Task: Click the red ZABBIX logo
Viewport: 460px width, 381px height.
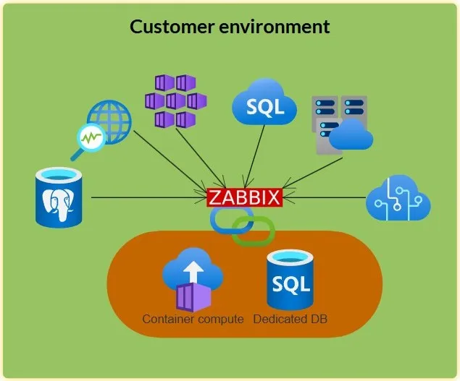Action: pyautogui.click(x=245, y=197)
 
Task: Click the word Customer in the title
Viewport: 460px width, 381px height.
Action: pyautogui.click(x=172, y=27)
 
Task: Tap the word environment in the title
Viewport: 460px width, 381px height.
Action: pyautogui.click(x=275, y=27)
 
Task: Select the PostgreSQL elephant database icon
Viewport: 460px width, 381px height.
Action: pyautogui.click(x=59, y=197)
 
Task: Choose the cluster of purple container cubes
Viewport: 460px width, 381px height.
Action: pyautogui.click(x=176, y=101)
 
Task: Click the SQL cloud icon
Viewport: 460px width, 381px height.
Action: pyautogui.click(x=264, y=102)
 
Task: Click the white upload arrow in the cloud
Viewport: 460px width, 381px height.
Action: pyautogui.click(x=193, y=271)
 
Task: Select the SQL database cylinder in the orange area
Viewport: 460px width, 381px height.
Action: pyautogui.click(x=290, y=281)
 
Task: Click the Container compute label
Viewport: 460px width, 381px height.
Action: pyautogui.click(x=193, y=319)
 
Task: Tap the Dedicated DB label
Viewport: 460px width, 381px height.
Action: pyautogui.click(x=290, y=319)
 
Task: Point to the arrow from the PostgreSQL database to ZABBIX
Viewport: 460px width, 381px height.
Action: pyautogui.click(x=150, y=197)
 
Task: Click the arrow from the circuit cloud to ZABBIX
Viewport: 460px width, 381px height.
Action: pyautogui.click(x=325, y=197)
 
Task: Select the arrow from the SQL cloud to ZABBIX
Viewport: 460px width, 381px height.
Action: pyautogui.click(x=254, y=156)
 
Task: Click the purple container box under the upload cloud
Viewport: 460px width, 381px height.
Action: pyautogui.click(x=193, y=297)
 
